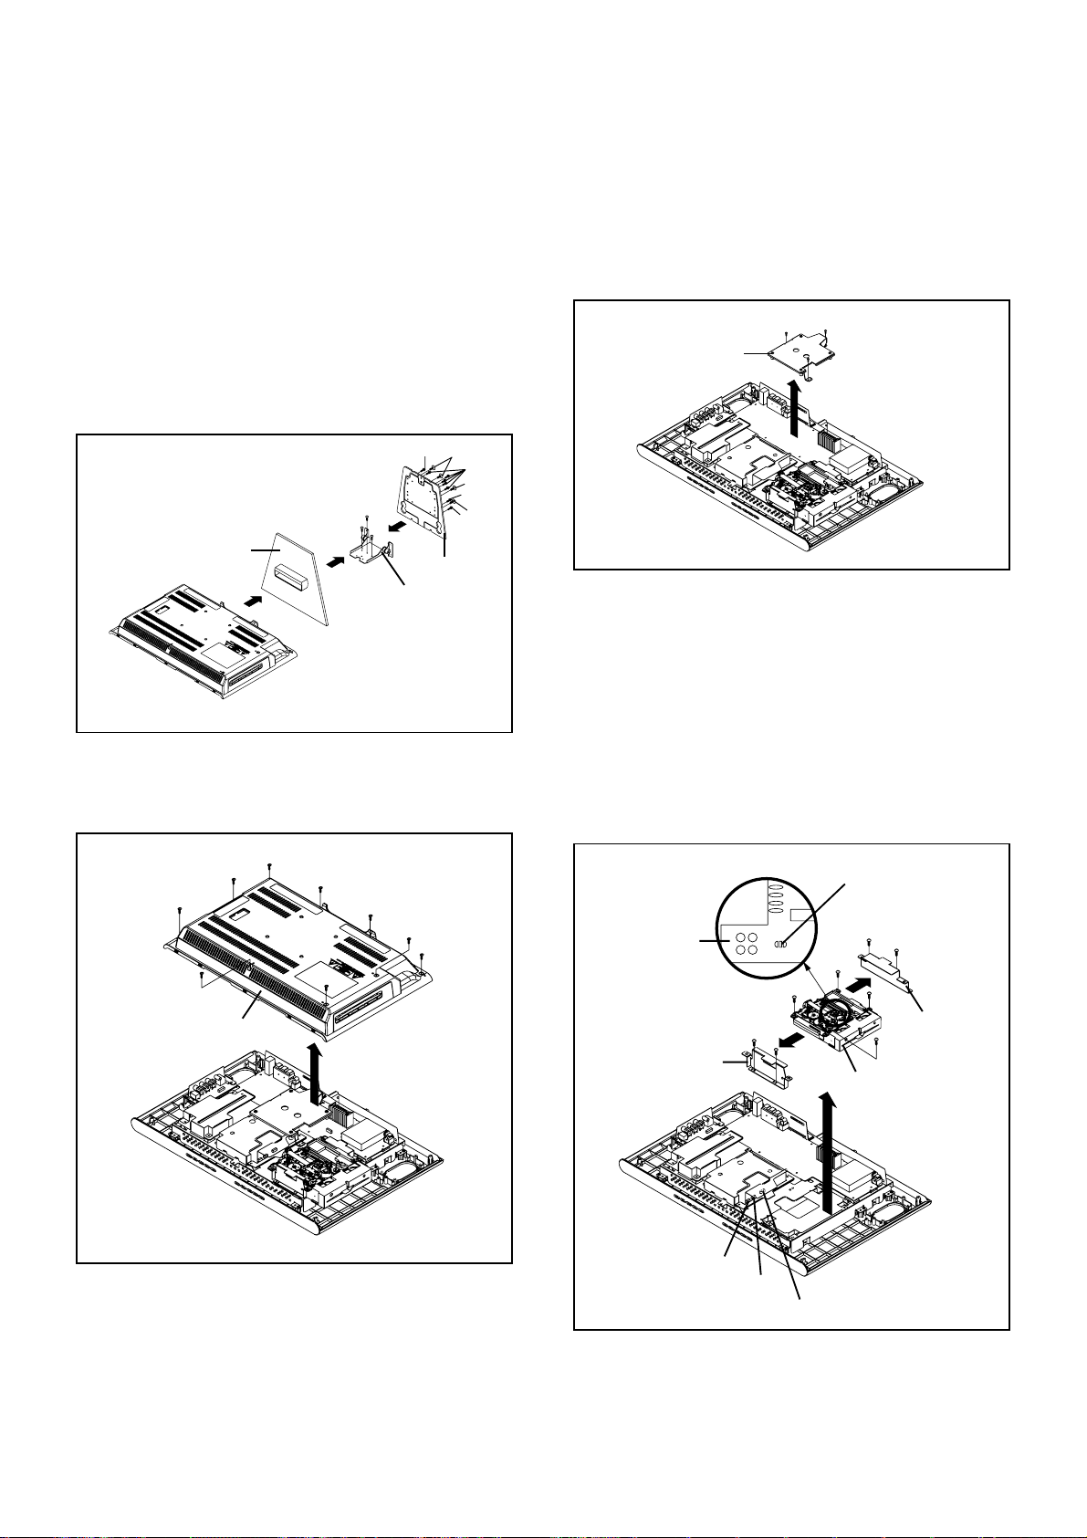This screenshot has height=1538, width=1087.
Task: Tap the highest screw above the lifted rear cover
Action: [270, 864]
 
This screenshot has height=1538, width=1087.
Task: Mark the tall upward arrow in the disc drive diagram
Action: [828, 1150]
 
